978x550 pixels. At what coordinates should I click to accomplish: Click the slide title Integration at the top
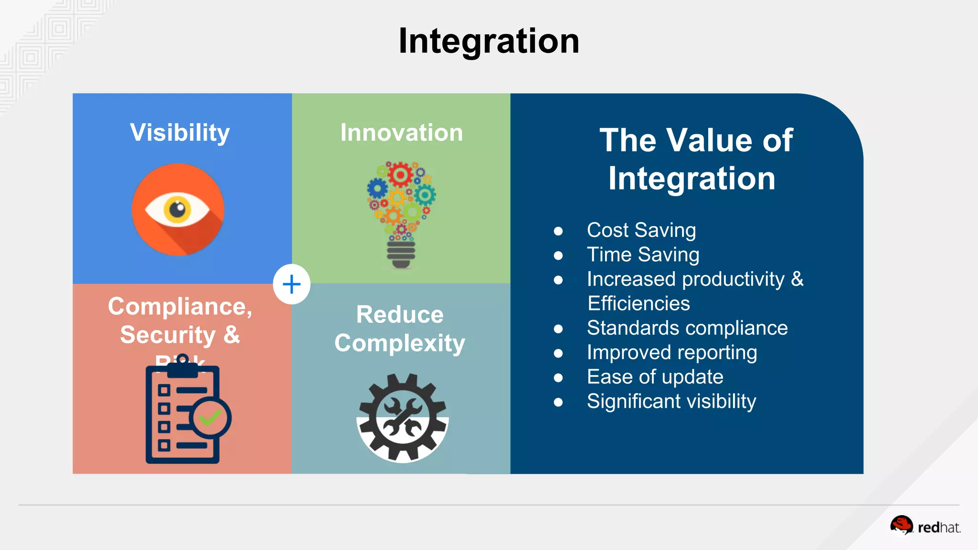tap(489, 41)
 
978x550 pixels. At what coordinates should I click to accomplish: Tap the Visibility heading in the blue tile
tap(180, 132)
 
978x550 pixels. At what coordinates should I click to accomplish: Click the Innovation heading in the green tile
tap(402, 132)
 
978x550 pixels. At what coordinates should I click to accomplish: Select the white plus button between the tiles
tap(291, 285)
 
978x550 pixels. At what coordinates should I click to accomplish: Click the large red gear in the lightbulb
tap(400, 175)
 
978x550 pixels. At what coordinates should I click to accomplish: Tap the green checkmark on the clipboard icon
tap(210, 418)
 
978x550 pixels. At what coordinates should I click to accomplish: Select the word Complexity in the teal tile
tap(400, 343)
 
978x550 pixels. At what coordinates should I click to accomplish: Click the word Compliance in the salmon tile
tap(179, 307)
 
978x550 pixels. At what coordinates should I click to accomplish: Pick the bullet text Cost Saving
tap(641, 230)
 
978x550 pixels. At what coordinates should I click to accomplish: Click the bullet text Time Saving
tap(643, 254)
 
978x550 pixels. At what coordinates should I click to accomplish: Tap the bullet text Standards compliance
tap(687, 328)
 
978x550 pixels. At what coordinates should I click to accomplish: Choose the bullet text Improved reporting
tap(672, 352)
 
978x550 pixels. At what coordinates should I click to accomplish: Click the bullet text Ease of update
tap(655, 377)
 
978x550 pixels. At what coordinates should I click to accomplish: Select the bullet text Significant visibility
tap(671, 402)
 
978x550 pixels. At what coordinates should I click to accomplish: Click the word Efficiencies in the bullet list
tap(638, 304)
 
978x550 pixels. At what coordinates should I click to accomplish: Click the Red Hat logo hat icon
tap(901, 525)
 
